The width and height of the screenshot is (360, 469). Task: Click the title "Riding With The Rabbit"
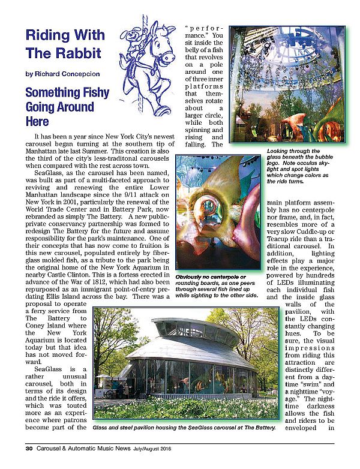click(x=63, y=43)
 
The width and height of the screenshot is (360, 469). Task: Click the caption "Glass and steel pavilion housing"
click(x=184, y=428)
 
